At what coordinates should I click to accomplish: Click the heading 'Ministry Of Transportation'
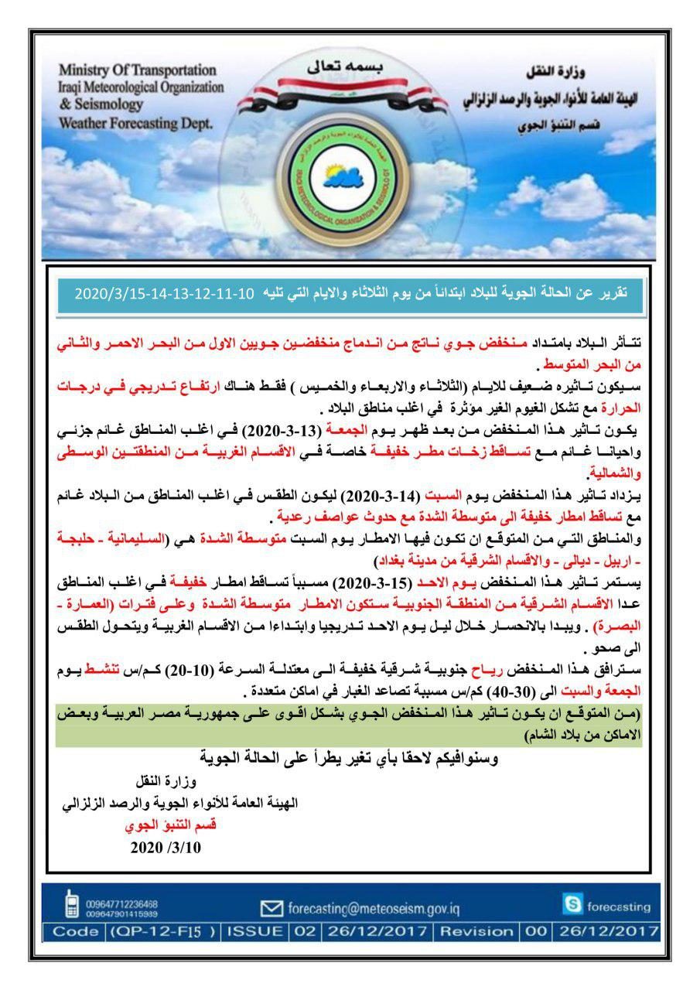tap(137, 71)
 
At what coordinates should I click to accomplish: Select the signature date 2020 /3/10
tap(166, 847)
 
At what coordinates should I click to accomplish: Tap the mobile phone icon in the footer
tap(72, 903)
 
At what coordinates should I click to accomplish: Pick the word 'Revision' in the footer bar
tap(477, 931)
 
